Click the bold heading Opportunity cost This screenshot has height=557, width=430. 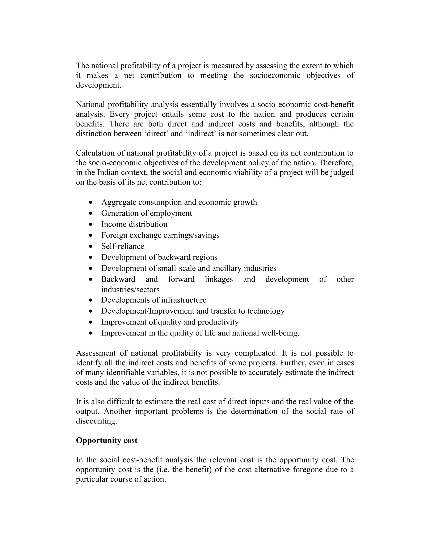106,440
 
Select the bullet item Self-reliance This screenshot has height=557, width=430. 123,246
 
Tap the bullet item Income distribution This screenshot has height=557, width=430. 134,224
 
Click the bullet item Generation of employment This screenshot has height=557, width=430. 147,213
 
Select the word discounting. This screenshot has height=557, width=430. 96,421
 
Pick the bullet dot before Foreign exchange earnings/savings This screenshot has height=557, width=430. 91,235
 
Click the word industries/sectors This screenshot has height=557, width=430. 130,290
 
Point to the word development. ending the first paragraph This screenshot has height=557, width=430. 98,85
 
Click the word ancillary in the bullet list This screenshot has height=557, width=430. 227,268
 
